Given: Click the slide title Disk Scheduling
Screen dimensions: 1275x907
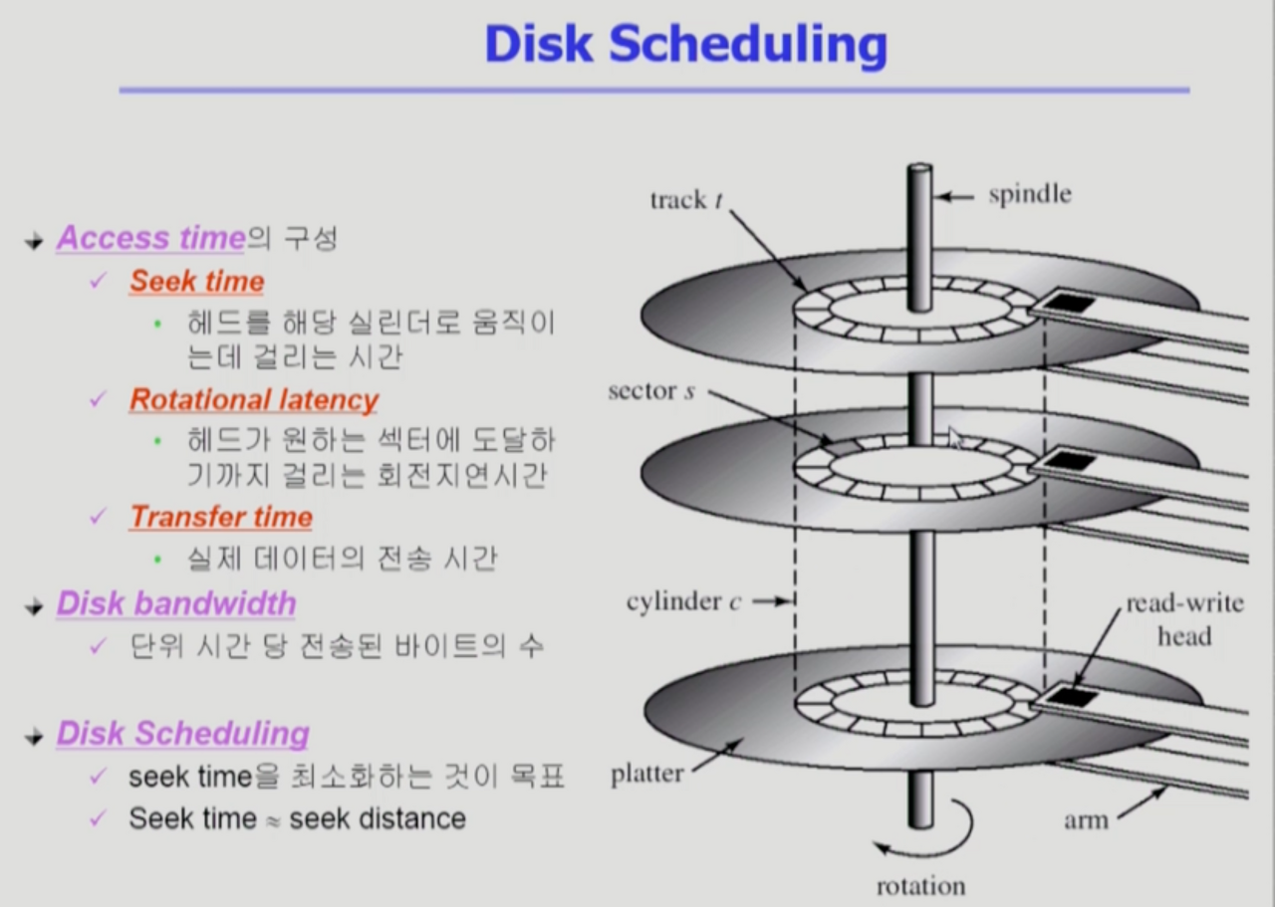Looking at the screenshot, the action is [685, 45].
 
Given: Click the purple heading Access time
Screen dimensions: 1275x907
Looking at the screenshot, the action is [150, 238].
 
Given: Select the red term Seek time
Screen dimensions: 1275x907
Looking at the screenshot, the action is [196, 282].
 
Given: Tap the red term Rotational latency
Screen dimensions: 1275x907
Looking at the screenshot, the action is [253, 400].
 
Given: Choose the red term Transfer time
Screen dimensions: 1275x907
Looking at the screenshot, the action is [220, 518].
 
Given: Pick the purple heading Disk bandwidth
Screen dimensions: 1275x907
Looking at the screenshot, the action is [175, 604].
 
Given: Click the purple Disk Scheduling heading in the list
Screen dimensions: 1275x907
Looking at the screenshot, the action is [182, 734].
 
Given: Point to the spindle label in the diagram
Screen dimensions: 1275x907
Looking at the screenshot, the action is [1029, 194].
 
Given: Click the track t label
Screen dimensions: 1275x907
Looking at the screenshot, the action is [686, 200].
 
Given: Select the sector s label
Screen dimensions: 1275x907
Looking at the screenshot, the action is [651, 391].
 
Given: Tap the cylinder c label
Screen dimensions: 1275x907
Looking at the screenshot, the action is [684, 601].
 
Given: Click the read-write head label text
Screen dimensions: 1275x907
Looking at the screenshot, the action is [1184, 620].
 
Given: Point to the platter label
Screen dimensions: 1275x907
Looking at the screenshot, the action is [647, 774].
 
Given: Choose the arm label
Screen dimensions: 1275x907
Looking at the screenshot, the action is [1086, 820].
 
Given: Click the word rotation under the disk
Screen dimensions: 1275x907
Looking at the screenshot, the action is [919, 886].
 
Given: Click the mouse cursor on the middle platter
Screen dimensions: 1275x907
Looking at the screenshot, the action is [956, 438].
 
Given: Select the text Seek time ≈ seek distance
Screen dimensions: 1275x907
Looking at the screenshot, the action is [297, 819].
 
